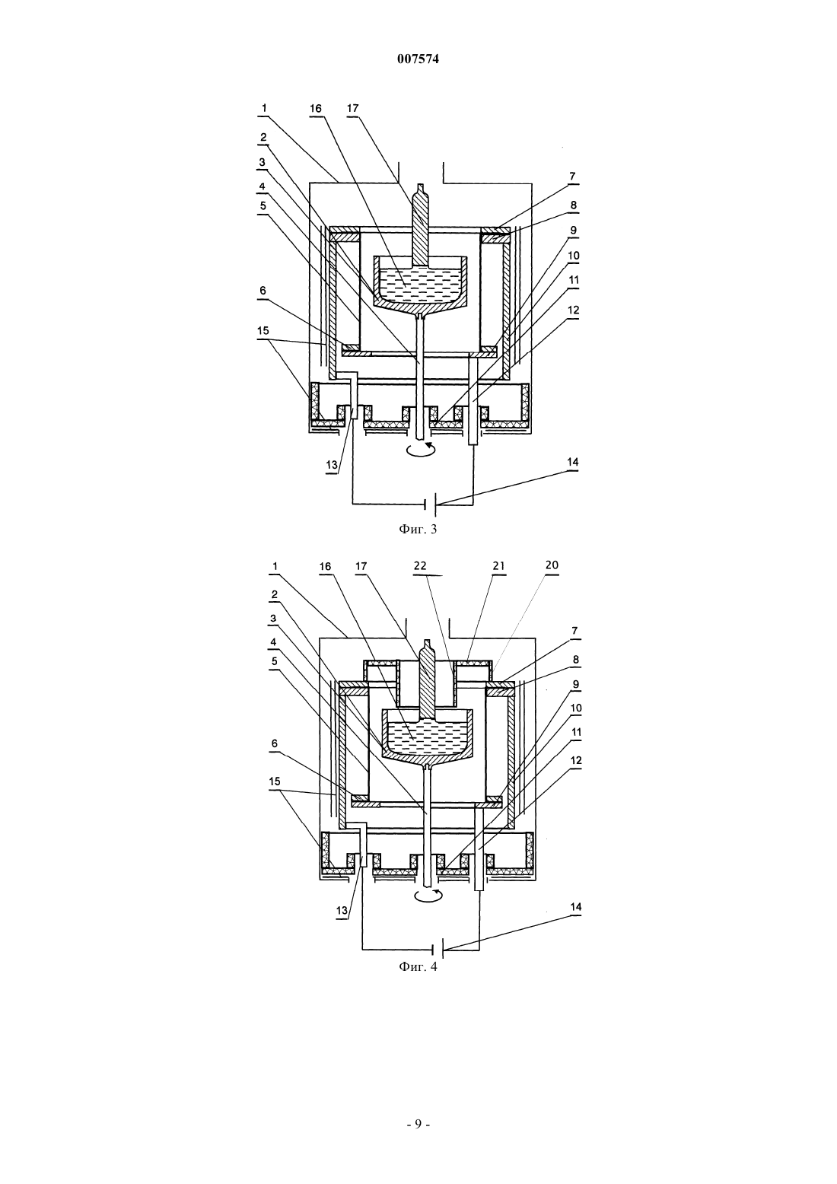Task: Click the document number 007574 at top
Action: coord(418,59)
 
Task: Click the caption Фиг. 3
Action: coord(418,529)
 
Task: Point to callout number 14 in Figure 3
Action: coord(572,462)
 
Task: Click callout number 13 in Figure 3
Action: coord(331,465)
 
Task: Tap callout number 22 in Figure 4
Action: coord(420,565)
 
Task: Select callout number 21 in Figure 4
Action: coord(499,566)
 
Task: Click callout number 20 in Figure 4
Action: coord(552,565)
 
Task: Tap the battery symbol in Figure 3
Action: coord(431,504)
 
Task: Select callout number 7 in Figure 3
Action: coord(572,177)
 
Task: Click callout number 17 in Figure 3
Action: coord(352,108)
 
